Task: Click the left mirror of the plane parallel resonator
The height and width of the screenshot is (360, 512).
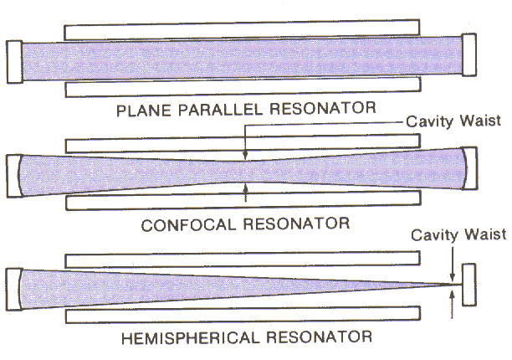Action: (x=14, y=60)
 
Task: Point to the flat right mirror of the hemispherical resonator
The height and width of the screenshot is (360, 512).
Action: (x=468, y=286)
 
